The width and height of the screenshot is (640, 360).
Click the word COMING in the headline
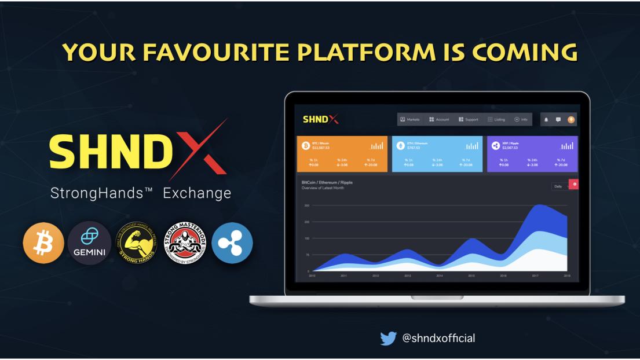point(524,52)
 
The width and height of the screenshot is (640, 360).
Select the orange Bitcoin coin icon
point(43,243)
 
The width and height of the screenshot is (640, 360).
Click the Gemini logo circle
point(90,243)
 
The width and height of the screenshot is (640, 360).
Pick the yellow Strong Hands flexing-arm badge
point(136,243)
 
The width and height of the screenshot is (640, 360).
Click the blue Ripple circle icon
point(232,243)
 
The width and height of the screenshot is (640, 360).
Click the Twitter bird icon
point(389,338)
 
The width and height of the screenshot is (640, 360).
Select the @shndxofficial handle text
point(438,338)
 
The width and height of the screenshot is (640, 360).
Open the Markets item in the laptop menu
point(410,119)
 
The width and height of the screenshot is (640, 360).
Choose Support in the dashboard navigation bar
point(469,119)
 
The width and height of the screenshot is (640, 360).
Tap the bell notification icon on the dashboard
point(546,119)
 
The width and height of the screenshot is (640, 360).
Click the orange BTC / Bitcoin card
point(342,154)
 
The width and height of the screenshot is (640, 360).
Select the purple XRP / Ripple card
point(532,154)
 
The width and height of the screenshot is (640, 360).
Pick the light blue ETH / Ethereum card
point(437,154)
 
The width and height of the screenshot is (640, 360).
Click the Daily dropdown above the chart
point(560,186)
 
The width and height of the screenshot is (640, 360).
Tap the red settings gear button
point(575,184)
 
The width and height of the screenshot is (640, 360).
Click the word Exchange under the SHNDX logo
point(197,193)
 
